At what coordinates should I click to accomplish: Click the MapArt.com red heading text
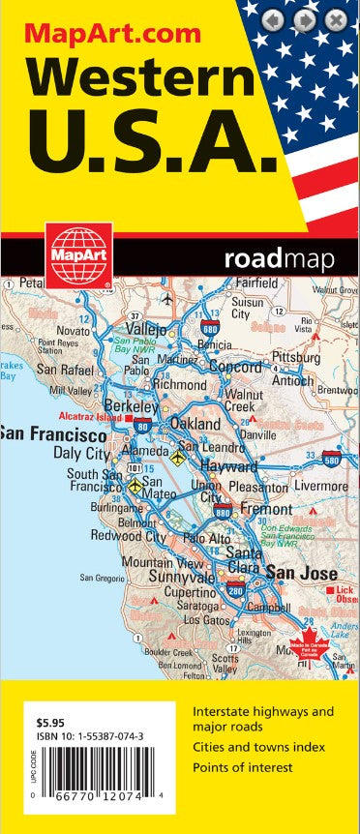(113, 34)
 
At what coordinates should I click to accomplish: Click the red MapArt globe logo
(78, 254)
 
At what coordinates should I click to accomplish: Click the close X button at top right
(335, 19)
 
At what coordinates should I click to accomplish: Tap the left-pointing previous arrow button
(275, 19)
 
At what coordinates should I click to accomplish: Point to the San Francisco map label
(58, 433)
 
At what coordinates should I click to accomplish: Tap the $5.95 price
(47, 722)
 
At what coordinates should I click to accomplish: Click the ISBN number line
(91, 735)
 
